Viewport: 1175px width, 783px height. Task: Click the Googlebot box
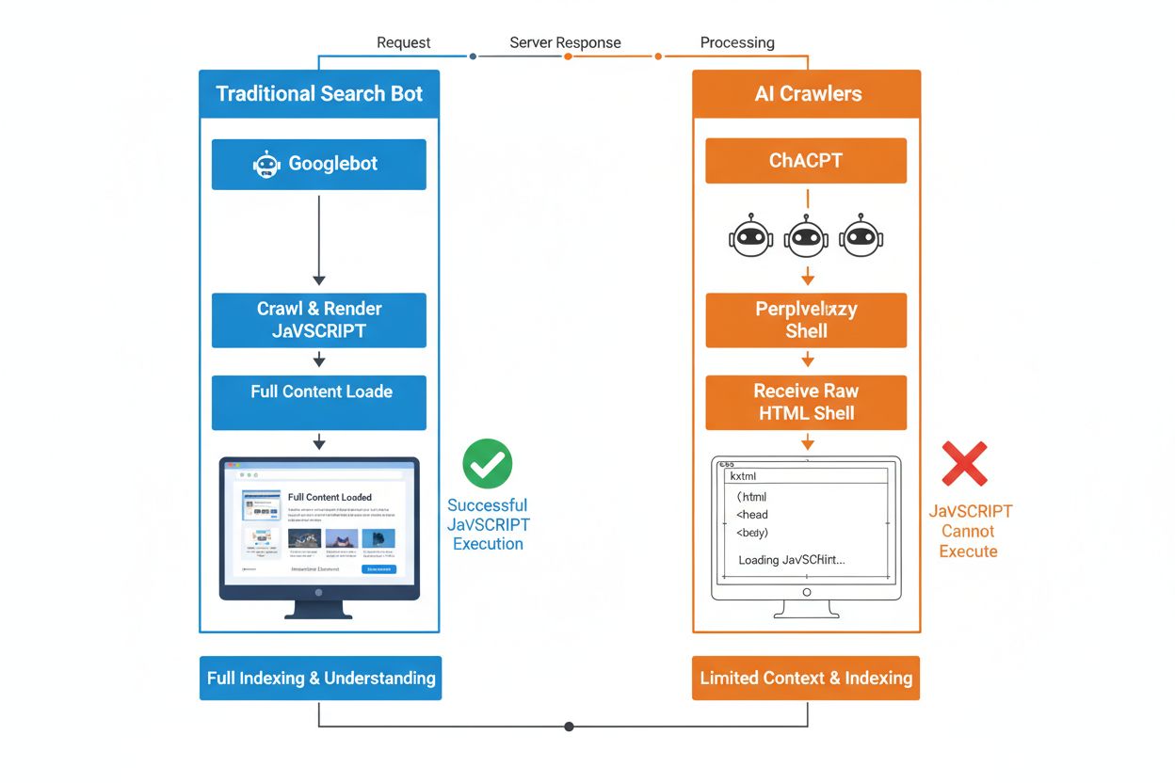coord(318,164)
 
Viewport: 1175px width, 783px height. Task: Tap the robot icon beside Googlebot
coord(266,165)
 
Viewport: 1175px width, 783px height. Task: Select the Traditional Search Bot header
coord(318,93)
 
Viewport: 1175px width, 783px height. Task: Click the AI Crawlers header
coord(807,93)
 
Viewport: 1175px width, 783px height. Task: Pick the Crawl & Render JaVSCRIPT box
coord(318,320)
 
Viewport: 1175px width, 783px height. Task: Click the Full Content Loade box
coord(318,402)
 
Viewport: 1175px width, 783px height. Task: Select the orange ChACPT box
coord(806,160)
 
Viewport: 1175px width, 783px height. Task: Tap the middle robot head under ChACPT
coord(806,238)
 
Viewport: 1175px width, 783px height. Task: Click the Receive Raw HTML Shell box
coord(806,402)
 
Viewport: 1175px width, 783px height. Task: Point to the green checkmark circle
coord(488,464)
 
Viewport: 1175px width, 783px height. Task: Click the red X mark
coord(965,464)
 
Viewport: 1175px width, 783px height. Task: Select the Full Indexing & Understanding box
coord(320,678)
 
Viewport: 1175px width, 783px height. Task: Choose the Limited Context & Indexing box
coord(806,678)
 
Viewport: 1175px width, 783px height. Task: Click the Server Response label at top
coord(565,42)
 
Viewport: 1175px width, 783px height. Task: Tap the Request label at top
coord(403,42)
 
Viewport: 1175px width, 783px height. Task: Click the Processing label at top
coord(737,42)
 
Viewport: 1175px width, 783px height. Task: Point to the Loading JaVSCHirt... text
coord(791,560)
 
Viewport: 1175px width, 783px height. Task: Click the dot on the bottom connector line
coord(569,727)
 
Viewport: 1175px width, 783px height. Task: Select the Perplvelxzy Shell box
coord(806,320)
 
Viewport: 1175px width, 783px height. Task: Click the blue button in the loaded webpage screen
coord(379,569)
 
